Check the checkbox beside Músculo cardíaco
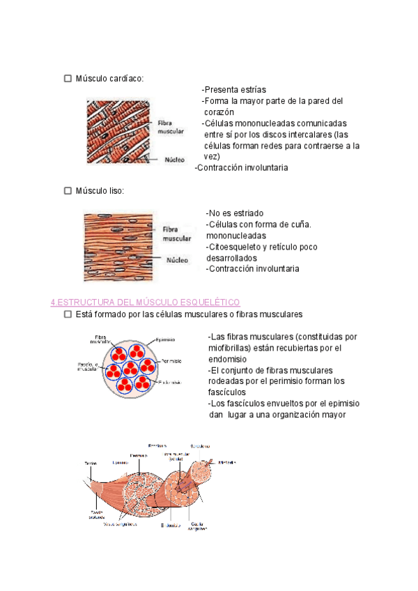click(x=68, y=78)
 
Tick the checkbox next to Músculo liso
click(x=68, y=190)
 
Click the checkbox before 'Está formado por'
click(x=68, y=315)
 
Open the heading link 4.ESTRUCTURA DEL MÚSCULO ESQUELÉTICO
click(x=146, y=302)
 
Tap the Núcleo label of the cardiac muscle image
click(x=174, y=159)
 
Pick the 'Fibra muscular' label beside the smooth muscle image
click(x=176, y=233)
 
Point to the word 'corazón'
click(x=219, y=112)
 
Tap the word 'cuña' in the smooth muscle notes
click(x=299, y=224)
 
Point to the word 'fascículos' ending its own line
click(x=228, y=392)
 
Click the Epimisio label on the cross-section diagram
click(x=165, y=339)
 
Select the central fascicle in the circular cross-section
click(x=131, y=367)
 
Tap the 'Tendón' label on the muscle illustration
click(x=91, y=463)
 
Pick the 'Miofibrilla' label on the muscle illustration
click(x=228, y=462)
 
